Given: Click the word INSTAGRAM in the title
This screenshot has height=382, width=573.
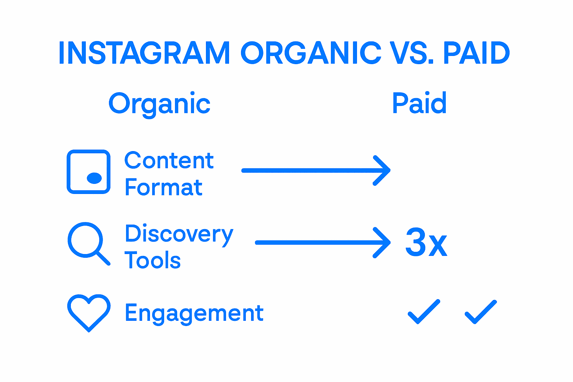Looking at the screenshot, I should pos(144,53).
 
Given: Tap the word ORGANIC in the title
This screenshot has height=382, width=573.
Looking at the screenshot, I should pos(311,53).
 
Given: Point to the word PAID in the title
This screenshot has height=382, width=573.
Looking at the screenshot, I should pos(476,53).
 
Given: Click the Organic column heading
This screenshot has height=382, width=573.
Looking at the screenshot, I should pos(159,104).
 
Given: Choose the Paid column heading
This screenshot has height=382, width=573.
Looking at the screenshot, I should pos(419,103).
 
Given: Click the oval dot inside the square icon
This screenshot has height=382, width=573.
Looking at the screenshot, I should pos(94,178).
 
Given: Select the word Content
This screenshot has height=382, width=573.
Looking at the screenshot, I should pos(169,161).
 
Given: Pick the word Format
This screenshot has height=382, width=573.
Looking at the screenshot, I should pos(163,187).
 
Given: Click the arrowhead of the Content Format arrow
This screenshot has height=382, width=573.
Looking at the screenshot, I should pos(382,170).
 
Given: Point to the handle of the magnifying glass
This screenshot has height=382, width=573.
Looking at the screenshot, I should pos(103,258).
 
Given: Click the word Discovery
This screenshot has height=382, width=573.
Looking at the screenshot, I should pos(179,234).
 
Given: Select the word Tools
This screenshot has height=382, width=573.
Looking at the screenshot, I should pos(153,260).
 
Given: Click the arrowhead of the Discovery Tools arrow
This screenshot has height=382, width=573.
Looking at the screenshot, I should pos(382,242).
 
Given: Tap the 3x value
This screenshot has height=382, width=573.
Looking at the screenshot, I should pos(426,243).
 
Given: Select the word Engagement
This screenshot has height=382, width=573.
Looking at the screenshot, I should pos(194,313).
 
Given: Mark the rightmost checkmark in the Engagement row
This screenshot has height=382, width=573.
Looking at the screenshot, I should pos(481,312).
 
